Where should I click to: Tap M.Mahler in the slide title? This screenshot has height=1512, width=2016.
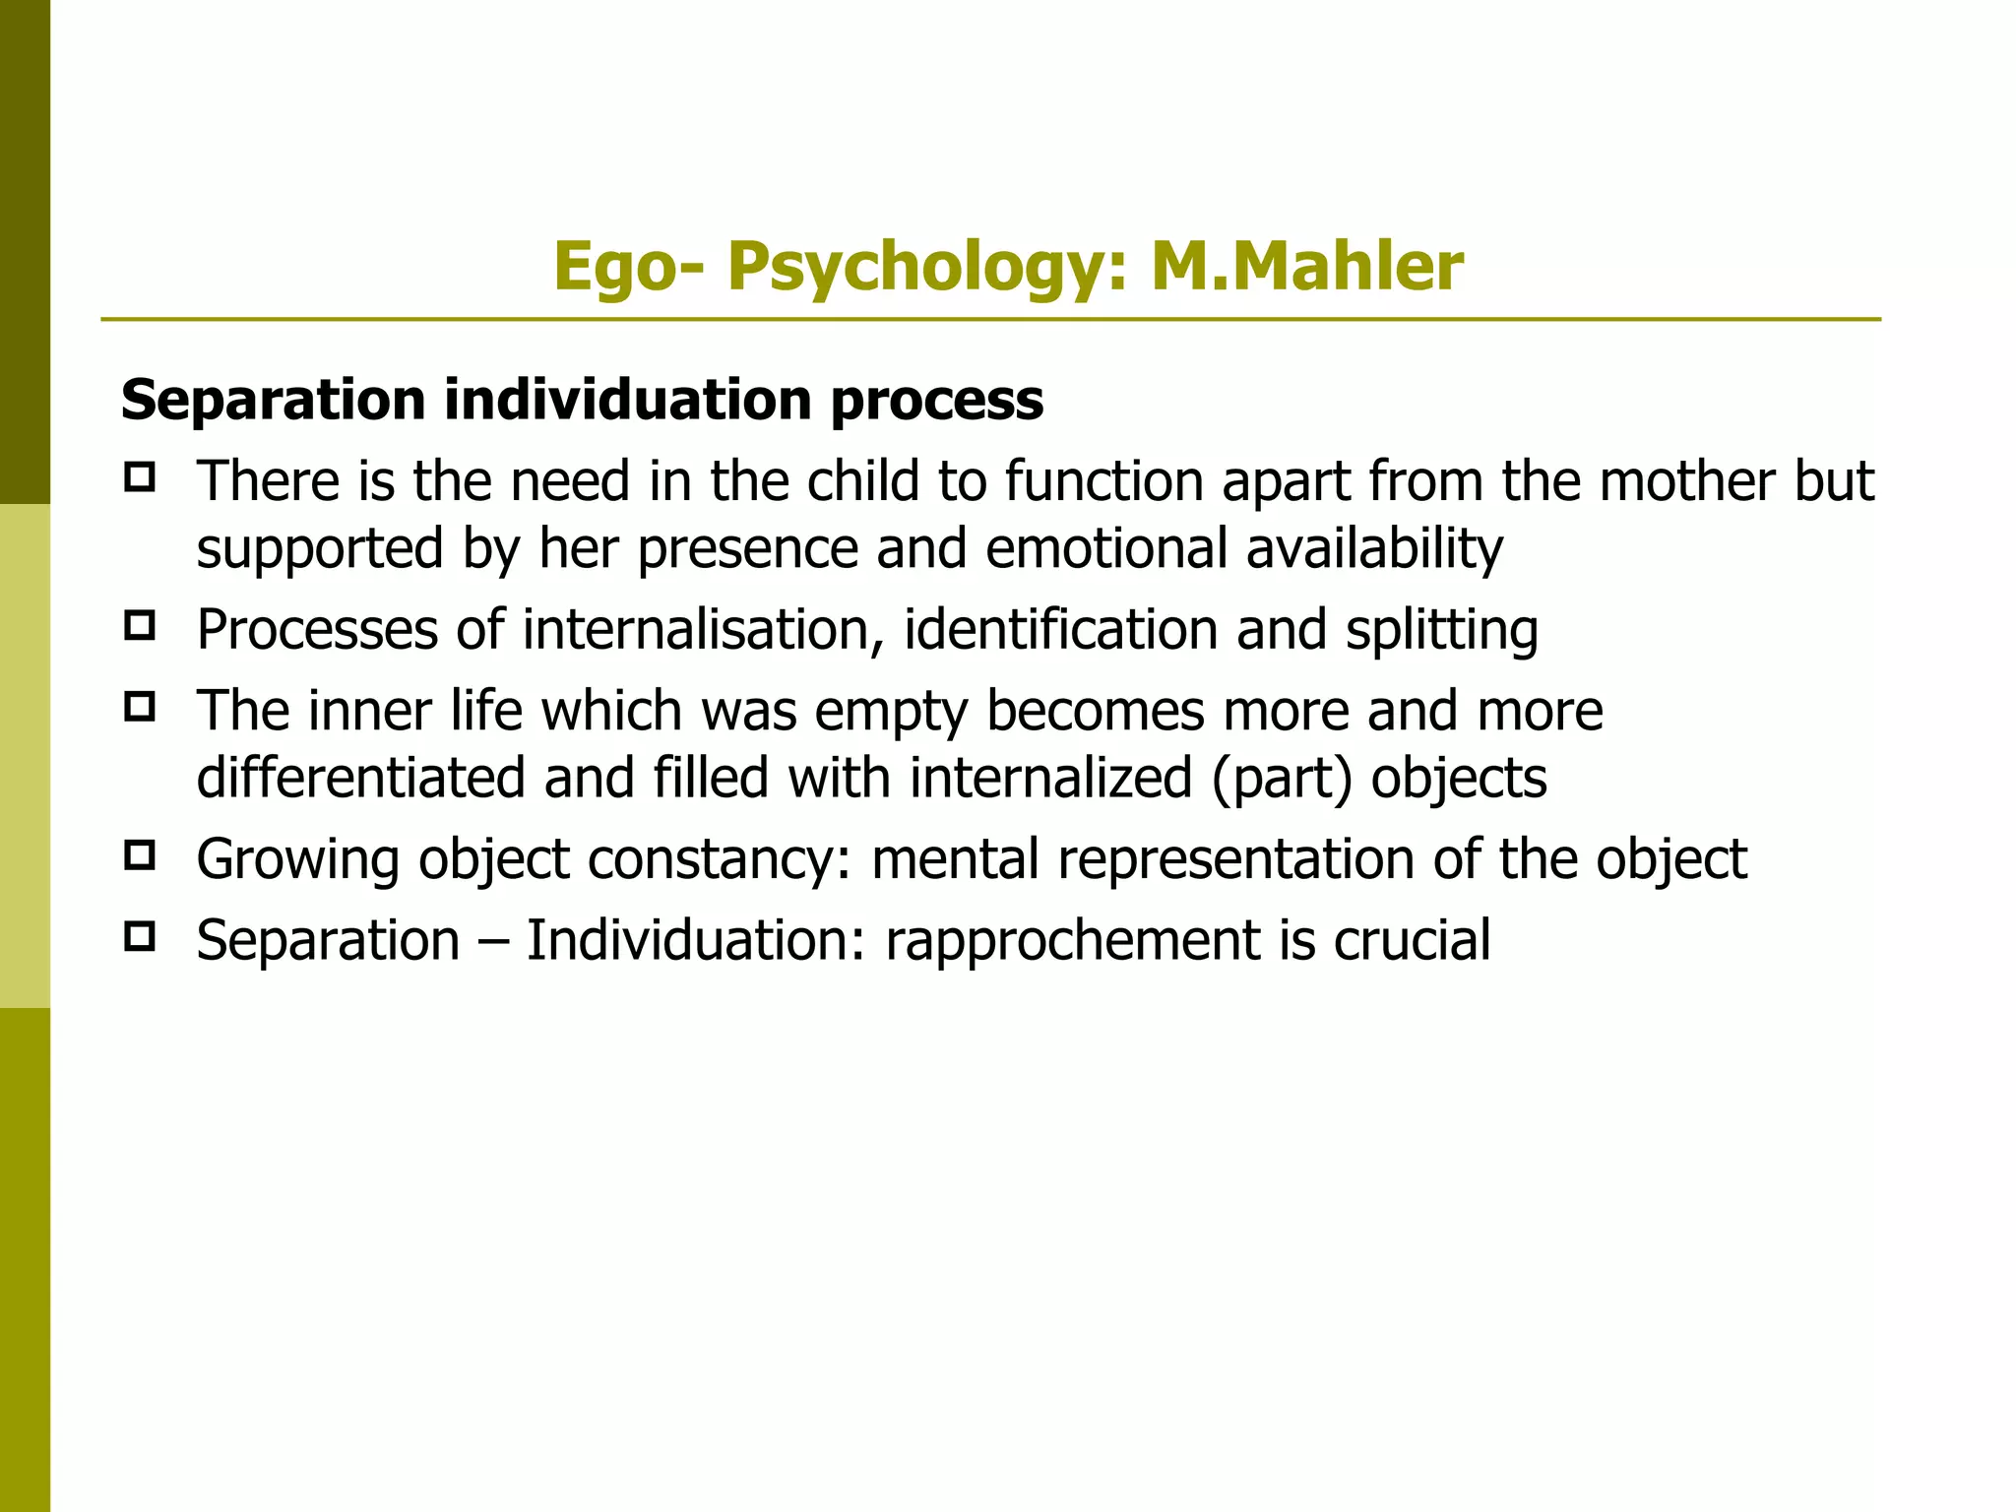point(1306,268)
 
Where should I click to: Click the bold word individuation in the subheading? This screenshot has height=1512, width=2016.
point(627,401)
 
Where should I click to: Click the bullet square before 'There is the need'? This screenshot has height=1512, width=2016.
point(140,478)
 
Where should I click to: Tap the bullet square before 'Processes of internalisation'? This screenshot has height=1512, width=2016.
point(140,626)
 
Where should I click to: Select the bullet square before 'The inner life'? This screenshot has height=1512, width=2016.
point(140,707)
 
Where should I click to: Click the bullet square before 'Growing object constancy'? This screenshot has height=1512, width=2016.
point(140,855)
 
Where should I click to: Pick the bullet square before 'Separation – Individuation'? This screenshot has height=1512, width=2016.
point(140,936)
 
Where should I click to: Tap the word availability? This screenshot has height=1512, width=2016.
point(1374,548)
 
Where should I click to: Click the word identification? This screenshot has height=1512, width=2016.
point(1060,629)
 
